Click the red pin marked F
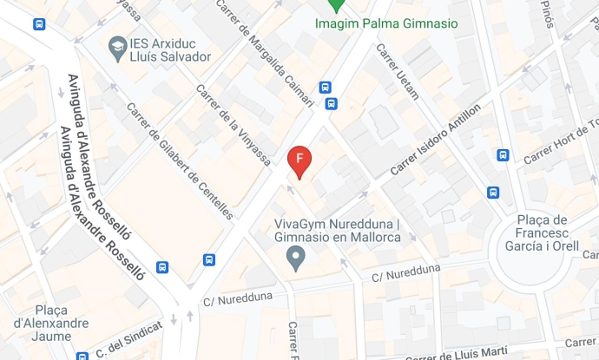point(299,160)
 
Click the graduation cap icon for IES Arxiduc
point(116,44)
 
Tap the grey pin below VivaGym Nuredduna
point(296,257)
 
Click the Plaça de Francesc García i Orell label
point(541,233)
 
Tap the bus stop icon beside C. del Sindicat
point(82,356)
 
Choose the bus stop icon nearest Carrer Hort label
point(504,155)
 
